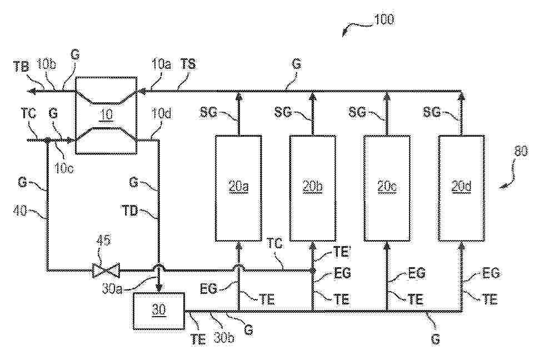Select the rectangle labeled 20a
pyautogui.click(x=238, y=188)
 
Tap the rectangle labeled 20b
pyautogui.click(x=313, y=188)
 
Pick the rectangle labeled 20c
pyautogui.click(x=386, y=188)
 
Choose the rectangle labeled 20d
pyautogui.click(x=461, y=188)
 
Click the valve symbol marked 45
pyautogui.click(x=106, y=271)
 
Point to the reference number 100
pyautogui.click(x=383, y=19)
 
